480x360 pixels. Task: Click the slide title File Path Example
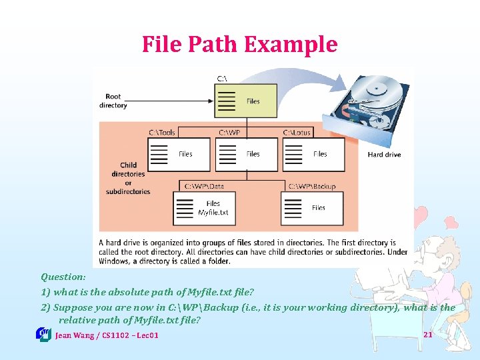pos(239,45)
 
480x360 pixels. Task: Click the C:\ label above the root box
pos(223,79)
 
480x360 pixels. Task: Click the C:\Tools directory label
pos(162,133)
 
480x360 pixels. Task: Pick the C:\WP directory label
pos(229,133)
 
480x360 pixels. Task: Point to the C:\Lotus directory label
pos(297,133)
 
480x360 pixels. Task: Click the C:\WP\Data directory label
pos(204,186)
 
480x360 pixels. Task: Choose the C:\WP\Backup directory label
pos(312,186)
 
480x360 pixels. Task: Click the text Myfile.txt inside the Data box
pos(213,213)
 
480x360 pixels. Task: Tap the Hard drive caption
pos(384,155)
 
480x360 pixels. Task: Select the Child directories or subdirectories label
pos(128,178)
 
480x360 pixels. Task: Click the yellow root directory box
pos(246,101)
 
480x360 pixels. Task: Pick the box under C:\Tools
pos(178,154)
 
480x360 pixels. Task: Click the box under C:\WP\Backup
pos(312,208)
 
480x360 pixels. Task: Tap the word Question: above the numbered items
pos(63,277)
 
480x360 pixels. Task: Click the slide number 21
pos(428,334)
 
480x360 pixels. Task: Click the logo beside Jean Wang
pos(44,334)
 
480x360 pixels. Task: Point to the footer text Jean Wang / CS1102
pos(107,335)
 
